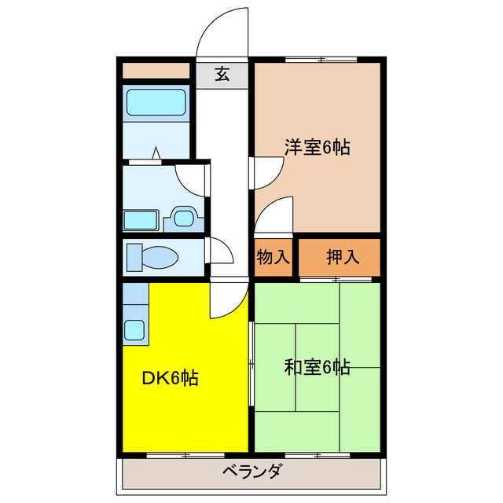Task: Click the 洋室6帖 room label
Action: coord(317,146)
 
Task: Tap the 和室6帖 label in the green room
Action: coord(317,366)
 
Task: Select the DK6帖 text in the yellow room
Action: coord(169,378)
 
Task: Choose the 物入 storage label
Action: coord(273,256)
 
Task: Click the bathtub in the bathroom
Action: coord(156,102)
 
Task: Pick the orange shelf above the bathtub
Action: coord(156,71)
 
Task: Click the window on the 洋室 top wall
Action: coord(320,59)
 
